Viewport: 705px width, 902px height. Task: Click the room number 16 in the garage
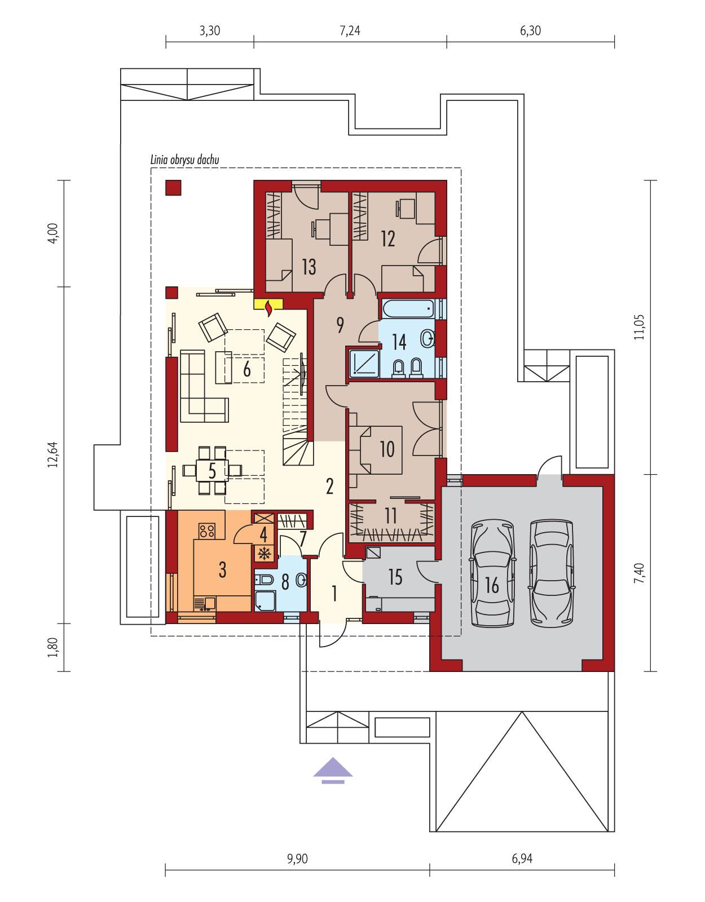coord(492,585)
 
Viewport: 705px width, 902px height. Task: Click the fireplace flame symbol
coord(270,307)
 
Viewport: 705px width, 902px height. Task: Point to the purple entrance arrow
coord(333,771)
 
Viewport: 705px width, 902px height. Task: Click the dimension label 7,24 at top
coord(350,31)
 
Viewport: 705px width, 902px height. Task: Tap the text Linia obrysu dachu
coord(184,160)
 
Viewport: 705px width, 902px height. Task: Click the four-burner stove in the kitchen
coord(206,530)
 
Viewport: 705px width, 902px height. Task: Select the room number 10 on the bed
coord(387,449)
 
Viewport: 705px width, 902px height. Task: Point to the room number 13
coord(309,266)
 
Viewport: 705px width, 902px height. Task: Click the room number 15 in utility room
coord(395,577)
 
